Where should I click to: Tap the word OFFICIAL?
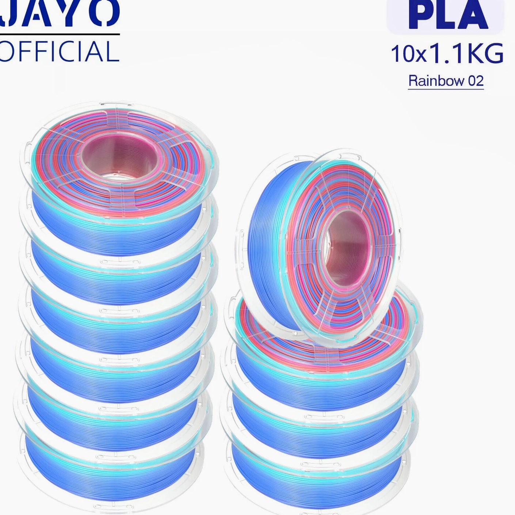[x=59, y=51]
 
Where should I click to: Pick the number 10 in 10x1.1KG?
[x=402, y=54]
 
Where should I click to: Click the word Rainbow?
[x=436, y=80]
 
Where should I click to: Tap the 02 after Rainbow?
[x=476, y=81]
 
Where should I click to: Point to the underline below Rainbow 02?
[x=446, y=89]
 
